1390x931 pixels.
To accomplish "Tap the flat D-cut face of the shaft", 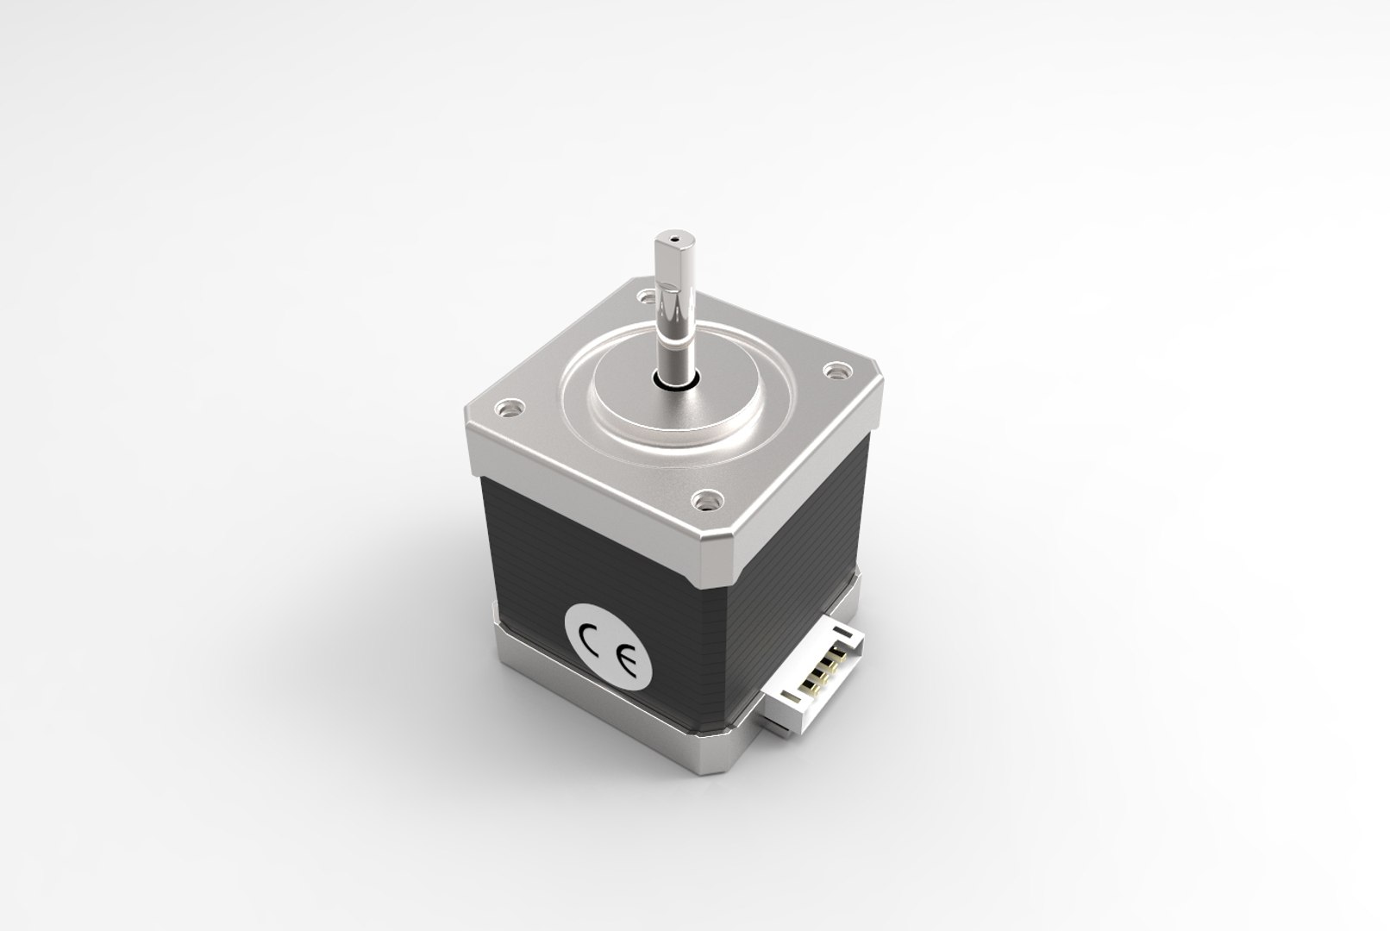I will (664, 267).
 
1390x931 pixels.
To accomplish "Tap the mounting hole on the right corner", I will (834, 372).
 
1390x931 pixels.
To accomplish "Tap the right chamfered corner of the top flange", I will (879, 391).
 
